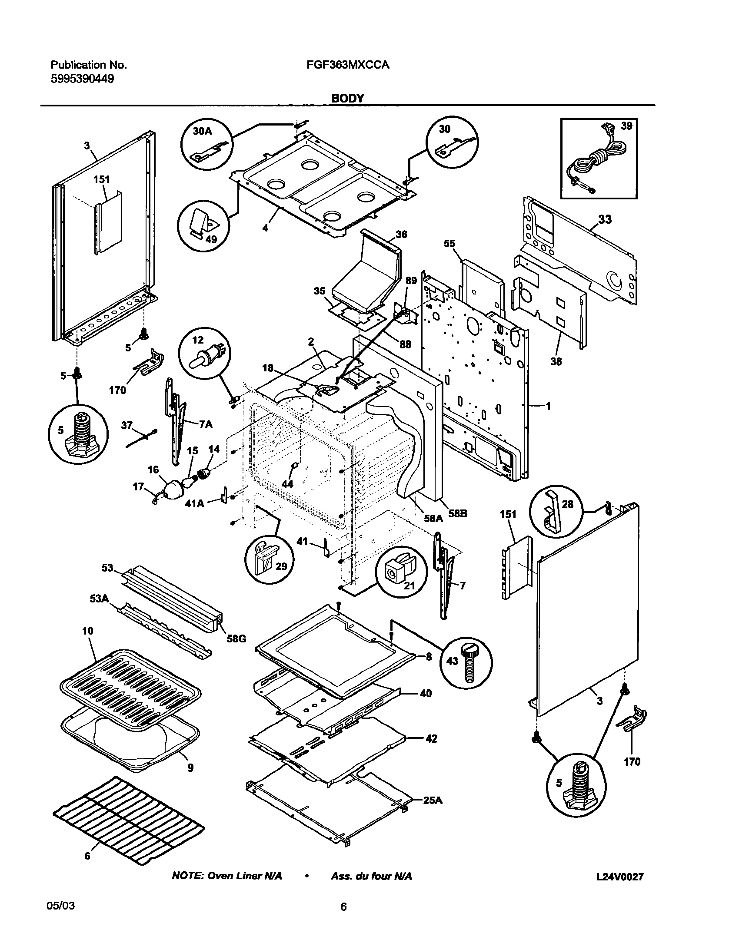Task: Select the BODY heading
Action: [x=347, y=98]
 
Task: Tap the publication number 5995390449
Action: [x=83, y=79]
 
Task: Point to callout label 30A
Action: [x=202, y=131]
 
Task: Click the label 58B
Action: [x=458, y=513]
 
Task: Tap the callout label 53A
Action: [x=99, y=599]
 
